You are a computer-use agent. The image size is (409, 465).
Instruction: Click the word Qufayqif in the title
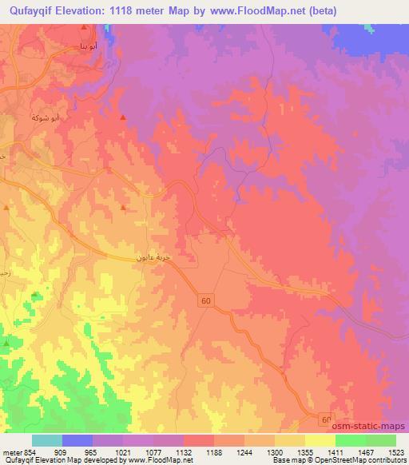click(34, 10)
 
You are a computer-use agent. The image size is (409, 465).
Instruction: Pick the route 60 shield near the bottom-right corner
click(326, 419)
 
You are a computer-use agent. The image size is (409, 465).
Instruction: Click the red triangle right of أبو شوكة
click(122, 117)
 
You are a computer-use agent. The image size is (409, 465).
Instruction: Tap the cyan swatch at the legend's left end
click(47, 441)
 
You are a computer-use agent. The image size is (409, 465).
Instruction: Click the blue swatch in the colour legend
click(77, 441)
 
